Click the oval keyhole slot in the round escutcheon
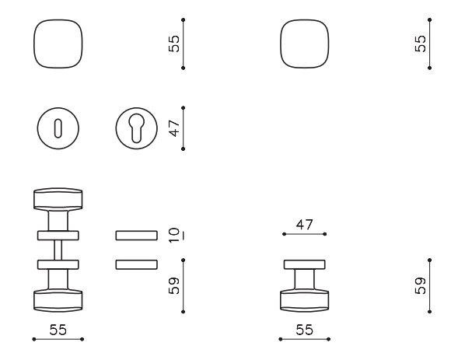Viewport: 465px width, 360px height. pyautogui.click(x=58, y=128)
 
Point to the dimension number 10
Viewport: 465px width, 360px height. pyautogui.click(x=174, y=235)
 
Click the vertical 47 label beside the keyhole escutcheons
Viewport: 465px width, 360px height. pyautogui.click(x=174, y=128)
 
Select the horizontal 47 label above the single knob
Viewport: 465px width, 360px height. pyautogui.click(x=304, y=225)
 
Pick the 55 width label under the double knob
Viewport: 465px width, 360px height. pyautogui.click(x=58, y=330)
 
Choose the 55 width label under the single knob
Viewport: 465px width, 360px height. pyautogui.click(x=304, y=330)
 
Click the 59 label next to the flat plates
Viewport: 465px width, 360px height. pyautogui.click(x=174, y=285)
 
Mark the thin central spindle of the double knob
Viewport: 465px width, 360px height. pyautogui.click(x=58, y=250)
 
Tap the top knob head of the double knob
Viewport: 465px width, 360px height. pyautogui.click(x=58, y=200)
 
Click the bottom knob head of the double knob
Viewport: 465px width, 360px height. pyautogui.click(x=58, y=301)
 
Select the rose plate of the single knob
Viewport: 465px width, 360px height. pyautogui.click(x=304, y=264)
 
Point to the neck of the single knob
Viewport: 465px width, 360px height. pyautogui.click(x=304, y=280)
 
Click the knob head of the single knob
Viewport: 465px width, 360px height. pyautogui.click(x=304, y=301)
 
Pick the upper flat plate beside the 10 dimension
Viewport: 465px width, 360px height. pyautogui.click(x=136, y=236)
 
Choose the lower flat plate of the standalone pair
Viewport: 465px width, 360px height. pyautogui.click(x=136, y=264)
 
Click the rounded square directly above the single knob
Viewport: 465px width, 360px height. pyautogui.click(x=305, y=44)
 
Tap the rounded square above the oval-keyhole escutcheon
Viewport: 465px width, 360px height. pyautogui.click(x=58, y=44)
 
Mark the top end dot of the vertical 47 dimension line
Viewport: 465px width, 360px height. pyautogui.click(x=183, y=108)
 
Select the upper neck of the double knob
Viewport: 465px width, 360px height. pyautogui.click(x=58, y=221)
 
